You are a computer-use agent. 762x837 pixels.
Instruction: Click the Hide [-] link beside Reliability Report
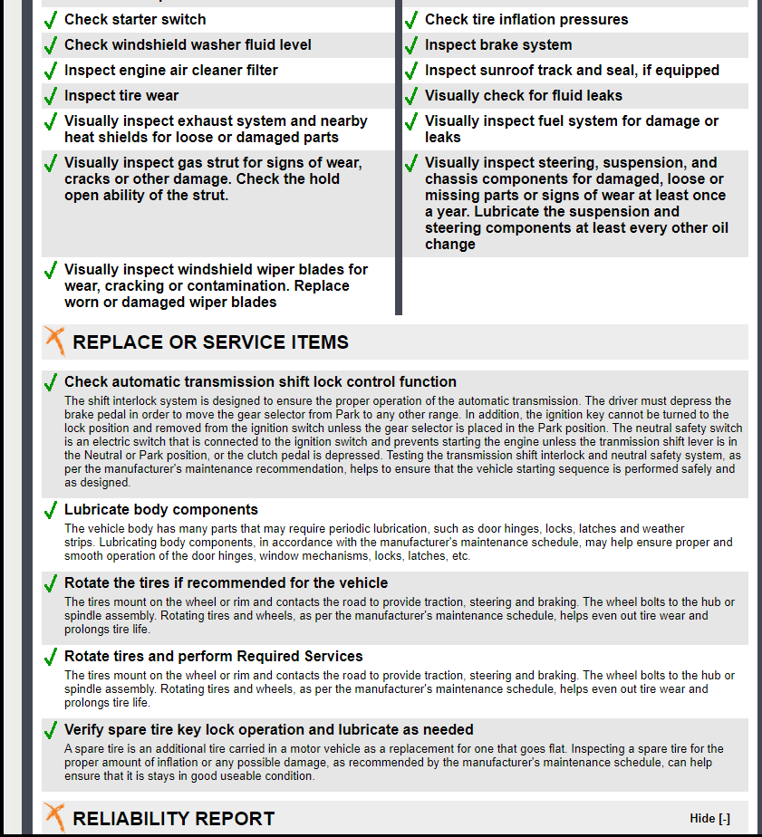coord(709,818)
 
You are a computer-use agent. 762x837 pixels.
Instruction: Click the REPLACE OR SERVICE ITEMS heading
coord(210,342)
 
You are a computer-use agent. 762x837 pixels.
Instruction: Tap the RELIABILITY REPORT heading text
coord(173,819)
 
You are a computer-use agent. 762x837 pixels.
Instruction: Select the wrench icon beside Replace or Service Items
coord(55,341)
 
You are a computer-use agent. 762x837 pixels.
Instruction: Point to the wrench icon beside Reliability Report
coord(55,817)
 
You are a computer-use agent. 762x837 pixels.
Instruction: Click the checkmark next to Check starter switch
coord(51,20)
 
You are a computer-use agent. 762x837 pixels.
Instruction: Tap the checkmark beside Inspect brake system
coord(411,45)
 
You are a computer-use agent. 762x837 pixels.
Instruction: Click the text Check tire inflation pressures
coord(526,20)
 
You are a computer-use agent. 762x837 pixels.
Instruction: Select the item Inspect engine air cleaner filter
coord(170,71)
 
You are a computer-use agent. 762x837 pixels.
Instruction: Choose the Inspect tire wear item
coord(121,96)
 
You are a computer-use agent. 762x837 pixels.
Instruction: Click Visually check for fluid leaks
coord(523,96)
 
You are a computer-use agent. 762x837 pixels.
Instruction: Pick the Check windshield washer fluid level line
coord(188,45)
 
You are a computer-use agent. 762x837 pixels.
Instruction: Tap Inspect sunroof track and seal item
coord(572,71)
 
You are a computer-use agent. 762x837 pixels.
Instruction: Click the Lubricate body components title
coord(160,510)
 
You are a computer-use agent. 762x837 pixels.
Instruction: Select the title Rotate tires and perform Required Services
coord(213,657)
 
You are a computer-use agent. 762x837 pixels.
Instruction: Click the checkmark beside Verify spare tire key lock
coord(51,731)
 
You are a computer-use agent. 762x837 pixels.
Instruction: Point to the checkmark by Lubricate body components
coord(51,511)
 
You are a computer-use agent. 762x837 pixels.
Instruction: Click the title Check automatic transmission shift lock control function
coord(260,382)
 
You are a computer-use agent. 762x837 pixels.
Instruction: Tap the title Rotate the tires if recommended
coord(226,583)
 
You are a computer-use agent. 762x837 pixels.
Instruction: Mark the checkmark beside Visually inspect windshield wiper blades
coord(51,271)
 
